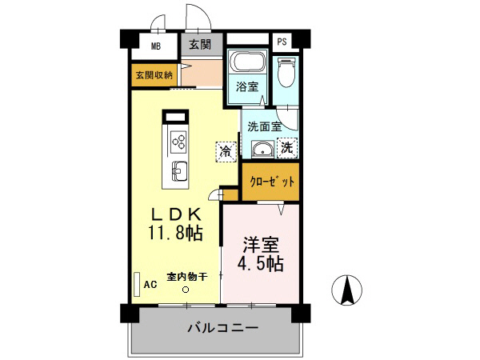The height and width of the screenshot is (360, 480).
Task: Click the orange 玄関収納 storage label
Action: [153, 75]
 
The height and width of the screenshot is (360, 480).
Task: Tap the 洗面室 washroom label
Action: [263, 126]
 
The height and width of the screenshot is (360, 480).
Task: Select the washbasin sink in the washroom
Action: [261, 150]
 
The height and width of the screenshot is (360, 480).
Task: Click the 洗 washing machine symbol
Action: [286, 147]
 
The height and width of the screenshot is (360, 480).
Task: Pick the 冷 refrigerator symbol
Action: [226, 150]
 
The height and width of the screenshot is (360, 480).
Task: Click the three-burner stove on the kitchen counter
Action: [177, 142]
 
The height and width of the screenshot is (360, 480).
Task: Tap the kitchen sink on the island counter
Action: [178, 170]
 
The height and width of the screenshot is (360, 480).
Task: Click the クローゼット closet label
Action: [270, 181]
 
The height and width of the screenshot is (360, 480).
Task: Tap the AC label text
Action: [150, 284]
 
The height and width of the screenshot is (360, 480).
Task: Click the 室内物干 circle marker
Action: [186, 290]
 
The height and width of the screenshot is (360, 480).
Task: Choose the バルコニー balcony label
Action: [223, 327]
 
